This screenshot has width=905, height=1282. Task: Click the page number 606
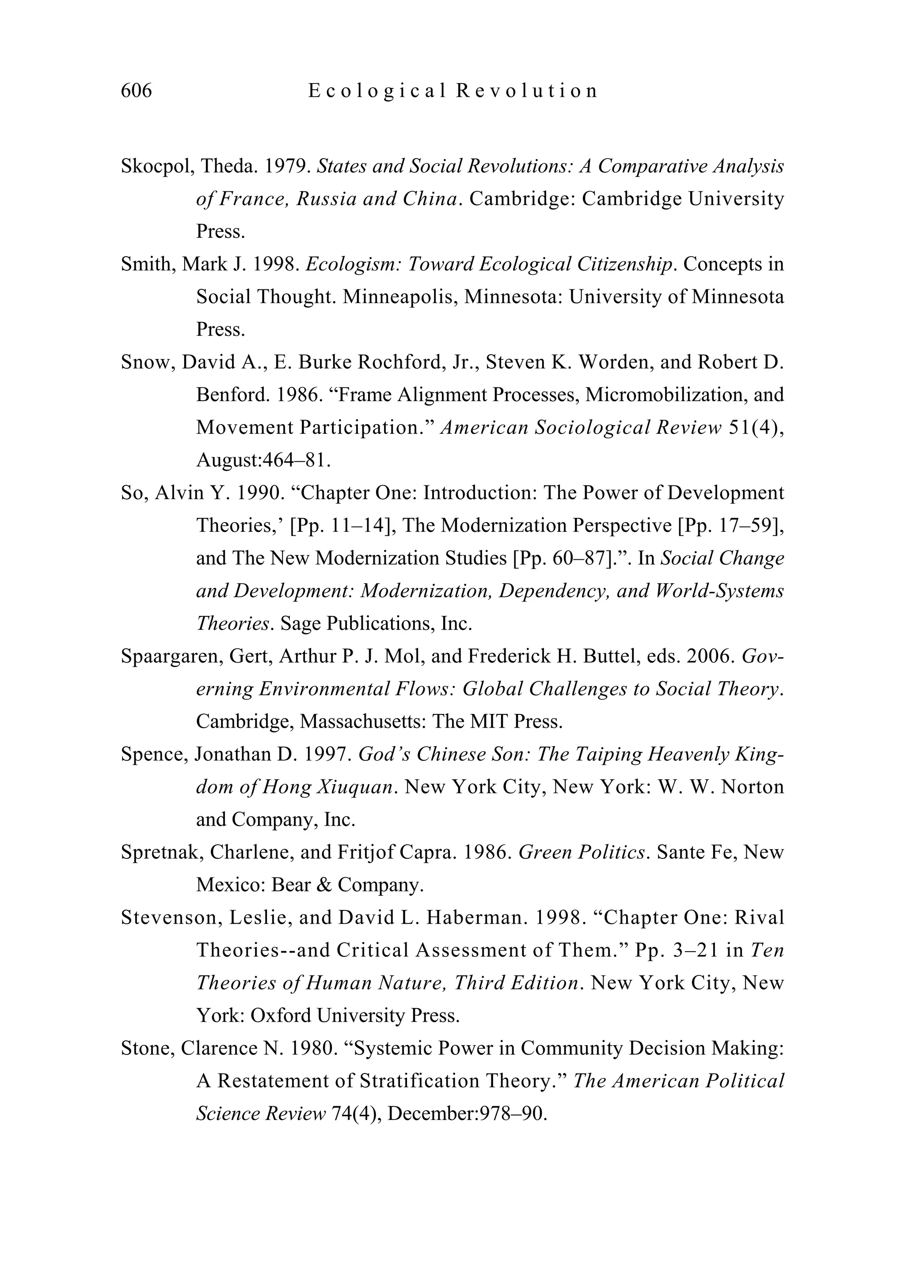coord(136,91)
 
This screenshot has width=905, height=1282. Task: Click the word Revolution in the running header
coord(527,91)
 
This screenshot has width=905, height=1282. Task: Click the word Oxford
coord(281,1016)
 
